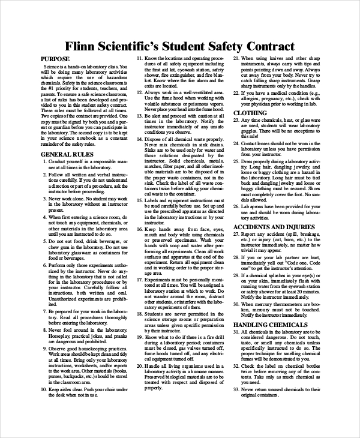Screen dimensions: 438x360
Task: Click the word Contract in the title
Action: point(268,46)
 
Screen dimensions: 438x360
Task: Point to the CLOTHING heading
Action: point(250,112)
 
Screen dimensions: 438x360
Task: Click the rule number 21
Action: point(235,59)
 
